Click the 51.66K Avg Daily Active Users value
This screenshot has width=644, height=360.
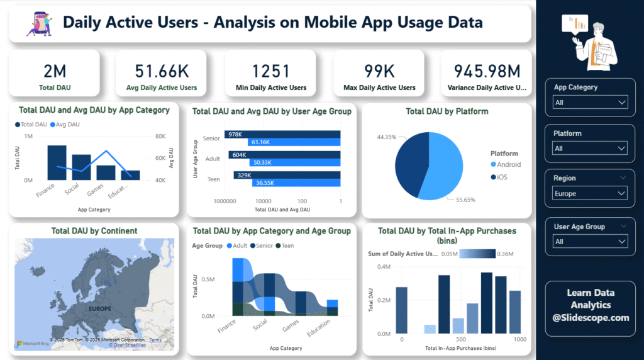(162, 70)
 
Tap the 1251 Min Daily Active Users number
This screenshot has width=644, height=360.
(271, 70)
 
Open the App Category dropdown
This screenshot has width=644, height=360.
(590, 103)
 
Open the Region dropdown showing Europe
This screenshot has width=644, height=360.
(590, 193)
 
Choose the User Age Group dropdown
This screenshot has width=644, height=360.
(590, 241)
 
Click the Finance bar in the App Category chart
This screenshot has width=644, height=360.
(57, 163)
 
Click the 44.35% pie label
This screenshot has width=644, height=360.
(386, 137)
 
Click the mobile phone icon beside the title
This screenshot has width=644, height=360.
(40, 23)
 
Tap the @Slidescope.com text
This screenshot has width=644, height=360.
(591, 318)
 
